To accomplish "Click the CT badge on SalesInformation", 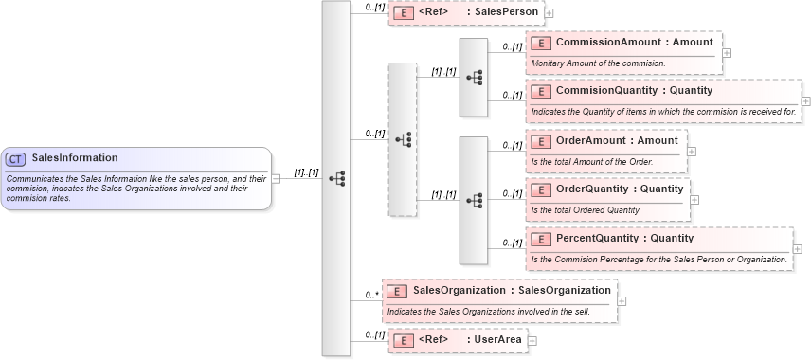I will coord(15,158).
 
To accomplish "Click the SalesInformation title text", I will coord(75,158).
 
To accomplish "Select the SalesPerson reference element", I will coord(466,13).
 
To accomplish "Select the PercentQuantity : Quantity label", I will coord(624,238).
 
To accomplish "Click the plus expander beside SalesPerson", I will coord(550,14).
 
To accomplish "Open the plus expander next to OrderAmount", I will coord(692,151).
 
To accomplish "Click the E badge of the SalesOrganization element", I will coord(399,291).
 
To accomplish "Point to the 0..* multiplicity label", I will coord(371,295).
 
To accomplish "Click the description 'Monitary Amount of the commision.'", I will coord(597,63).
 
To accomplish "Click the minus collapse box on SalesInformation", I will coord(276,178).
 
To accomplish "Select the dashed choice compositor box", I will coord(403,139).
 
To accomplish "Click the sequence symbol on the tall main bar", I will coord(336,178).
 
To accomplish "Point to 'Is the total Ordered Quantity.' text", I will coord(586,209).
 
